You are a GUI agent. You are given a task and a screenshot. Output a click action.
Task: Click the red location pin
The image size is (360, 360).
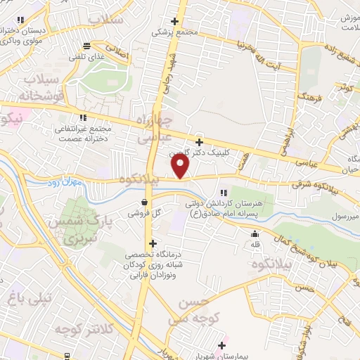[181, 167]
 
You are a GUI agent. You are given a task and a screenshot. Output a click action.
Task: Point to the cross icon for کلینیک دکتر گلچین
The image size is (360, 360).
[200, 142]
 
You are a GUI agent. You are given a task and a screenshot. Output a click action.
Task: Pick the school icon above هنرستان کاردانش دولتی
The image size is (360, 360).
[224, 192]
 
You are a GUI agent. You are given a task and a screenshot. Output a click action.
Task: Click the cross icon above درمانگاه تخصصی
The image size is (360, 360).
[153, 244]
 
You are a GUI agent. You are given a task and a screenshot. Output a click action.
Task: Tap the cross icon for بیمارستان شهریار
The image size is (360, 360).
[223, 345]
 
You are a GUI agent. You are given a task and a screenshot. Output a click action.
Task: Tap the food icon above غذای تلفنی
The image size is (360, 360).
[86, 45]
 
